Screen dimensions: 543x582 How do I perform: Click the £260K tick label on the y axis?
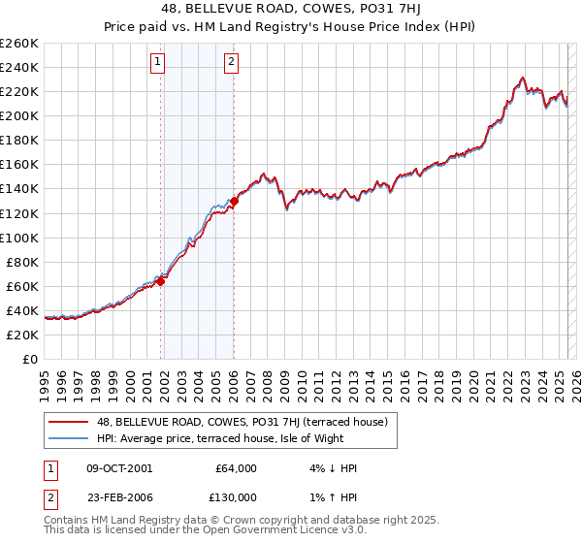pos(19,43)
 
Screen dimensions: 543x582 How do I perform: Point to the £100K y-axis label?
pos(19,238)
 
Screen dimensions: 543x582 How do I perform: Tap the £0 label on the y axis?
pos(29,359)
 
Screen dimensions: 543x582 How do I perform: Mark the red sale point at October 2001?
pos(161,281)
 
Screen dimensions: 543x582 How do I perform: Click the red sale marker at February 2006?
pos(235,201)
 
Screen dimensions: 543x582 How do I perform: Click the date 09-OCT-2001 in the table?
pos(119,468)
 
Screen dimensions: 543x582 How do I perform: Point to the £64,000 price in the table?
pos(235,468)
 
